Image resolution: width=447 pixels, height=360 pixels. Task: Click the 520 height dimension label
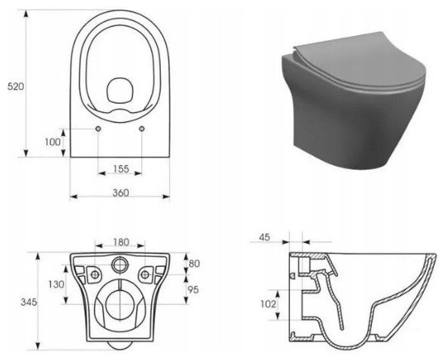click(16, 86)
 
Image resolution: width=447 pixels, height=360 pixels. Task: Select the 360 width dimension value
click(121, 193)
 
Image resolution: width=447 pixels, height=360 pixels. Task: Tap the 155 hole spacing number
click(121, 169)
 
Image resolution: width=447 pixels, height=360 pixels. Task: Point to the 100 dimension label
click(53, 142)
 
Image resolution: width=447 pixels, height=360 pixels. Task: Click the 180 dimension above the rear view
click(121, 242)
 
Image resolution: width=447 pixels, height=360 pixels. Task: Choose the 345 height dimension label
click(29, 302)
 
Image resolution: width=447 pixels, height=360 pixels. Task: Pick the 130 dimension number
click(56, 284)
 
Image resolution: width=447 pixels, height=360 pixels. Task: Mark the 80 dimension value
click(194, 263)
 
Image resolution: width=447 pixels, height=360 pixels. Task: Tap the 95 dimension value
click(193, 289)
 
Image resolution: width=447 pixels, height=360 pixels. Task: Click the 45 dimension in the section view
click(264, 237)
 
